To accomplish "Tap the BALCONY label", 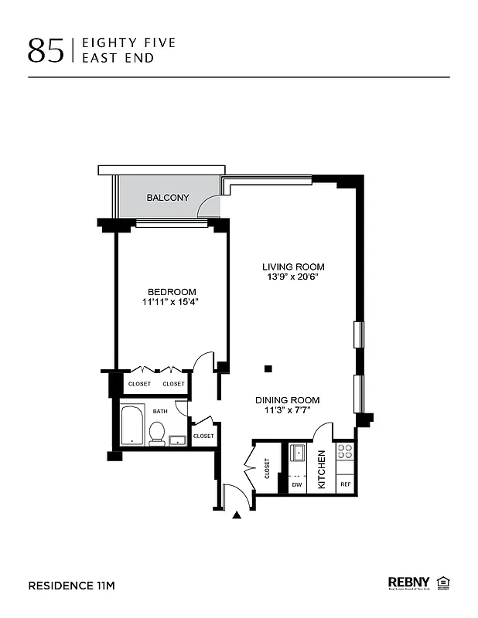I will point(168,198).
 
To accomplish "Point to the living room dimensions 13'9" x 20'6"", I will point(292,277).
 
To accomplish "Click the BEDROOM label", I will point(172,291).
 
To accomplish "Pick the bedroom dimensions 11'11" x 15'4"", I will point(172,302).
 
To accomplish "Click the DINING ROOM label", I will point(288,400).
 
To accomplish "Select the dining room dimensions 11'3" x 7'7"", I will point(288,411).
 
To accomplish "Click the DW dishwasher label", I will point(296,484).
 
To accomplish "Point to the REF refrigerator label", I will point(345,484).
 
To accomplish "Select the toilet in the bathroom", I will point(156,433).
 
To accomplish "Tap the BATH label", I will point(159,412).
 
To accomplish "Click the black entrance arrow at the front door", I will point(237,514).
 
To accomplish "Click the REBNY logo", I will point(409,582).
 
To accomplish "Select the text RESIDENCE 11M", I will point(71,586).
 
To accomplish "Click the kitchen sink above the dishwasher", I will point(297,453).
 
